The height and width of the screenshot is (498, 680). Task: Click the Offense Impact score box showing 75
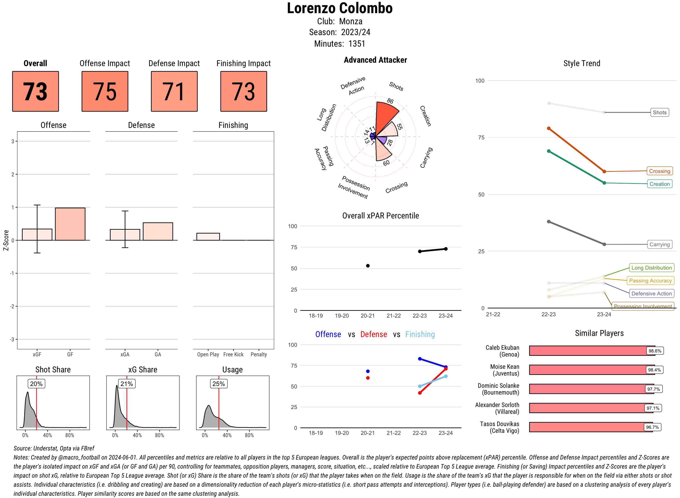105,91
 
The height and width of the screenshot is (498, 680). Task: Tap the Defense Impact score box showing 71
174,91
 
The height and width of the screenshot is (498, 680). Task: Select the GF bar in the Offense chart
70,224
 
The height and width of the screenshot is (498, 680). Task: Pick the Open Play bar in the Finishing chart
208,237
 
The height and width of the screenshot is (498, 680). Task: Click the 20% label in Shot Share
36,384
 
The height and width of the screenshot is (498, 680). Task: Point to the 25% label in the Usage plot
219,384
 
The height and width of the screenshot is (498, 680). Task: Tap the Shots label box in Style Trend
659,113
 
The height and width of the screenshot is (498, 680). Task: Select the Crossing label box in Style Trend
659,171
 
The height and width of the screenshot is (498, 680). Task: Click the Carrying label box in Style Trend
659,244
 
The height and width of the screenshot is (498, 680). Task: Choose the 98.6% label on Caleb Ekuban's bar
655,351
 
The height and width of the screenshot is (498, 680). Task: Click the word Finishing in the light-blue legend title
420,334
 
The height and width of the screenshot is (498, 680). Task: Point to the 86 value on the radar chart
390,101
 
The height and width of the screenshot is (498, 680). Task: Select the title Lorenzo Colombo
340,8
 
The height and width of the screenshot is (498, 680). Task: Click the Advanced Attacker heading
375,60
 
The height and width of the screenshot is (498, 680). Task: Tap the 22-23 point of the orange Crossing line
548,128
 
